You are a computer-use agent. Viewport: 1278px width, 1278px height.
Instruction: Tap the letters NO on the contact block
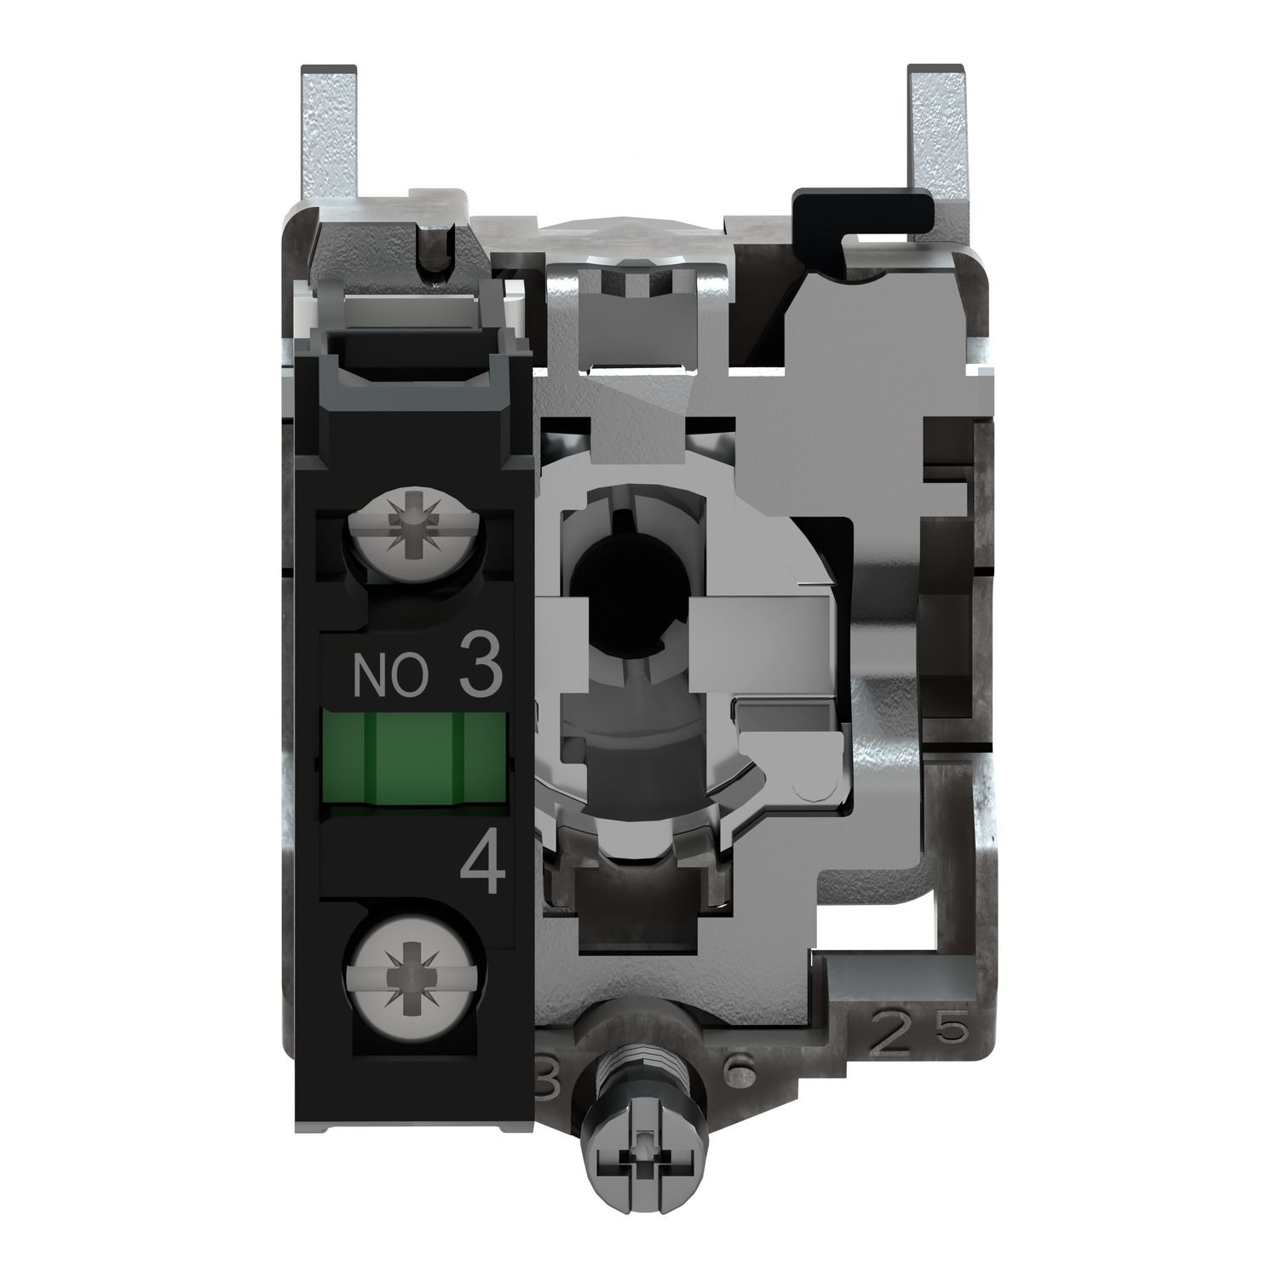click(399, 678)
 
